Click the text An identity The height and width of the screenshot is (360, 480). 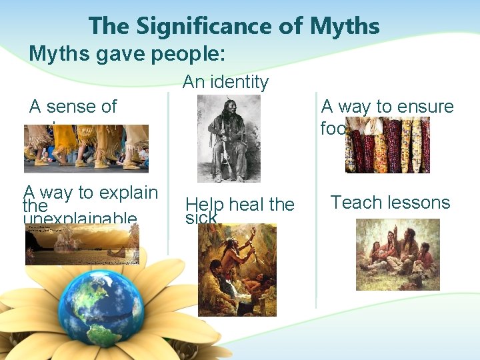[x=225, y=83]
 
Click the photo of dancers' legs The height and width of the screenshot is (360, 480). [x=86, y=148]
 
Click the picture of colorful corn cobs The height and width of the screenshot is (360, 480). [x=387, y=145]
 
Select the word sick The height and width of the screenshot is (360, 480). [x=201, y=218]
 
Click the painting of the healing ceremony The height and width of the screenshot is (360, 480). [x=237, y=269]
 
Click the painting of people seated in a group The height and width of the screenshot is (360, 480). [x=397, y=255]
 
